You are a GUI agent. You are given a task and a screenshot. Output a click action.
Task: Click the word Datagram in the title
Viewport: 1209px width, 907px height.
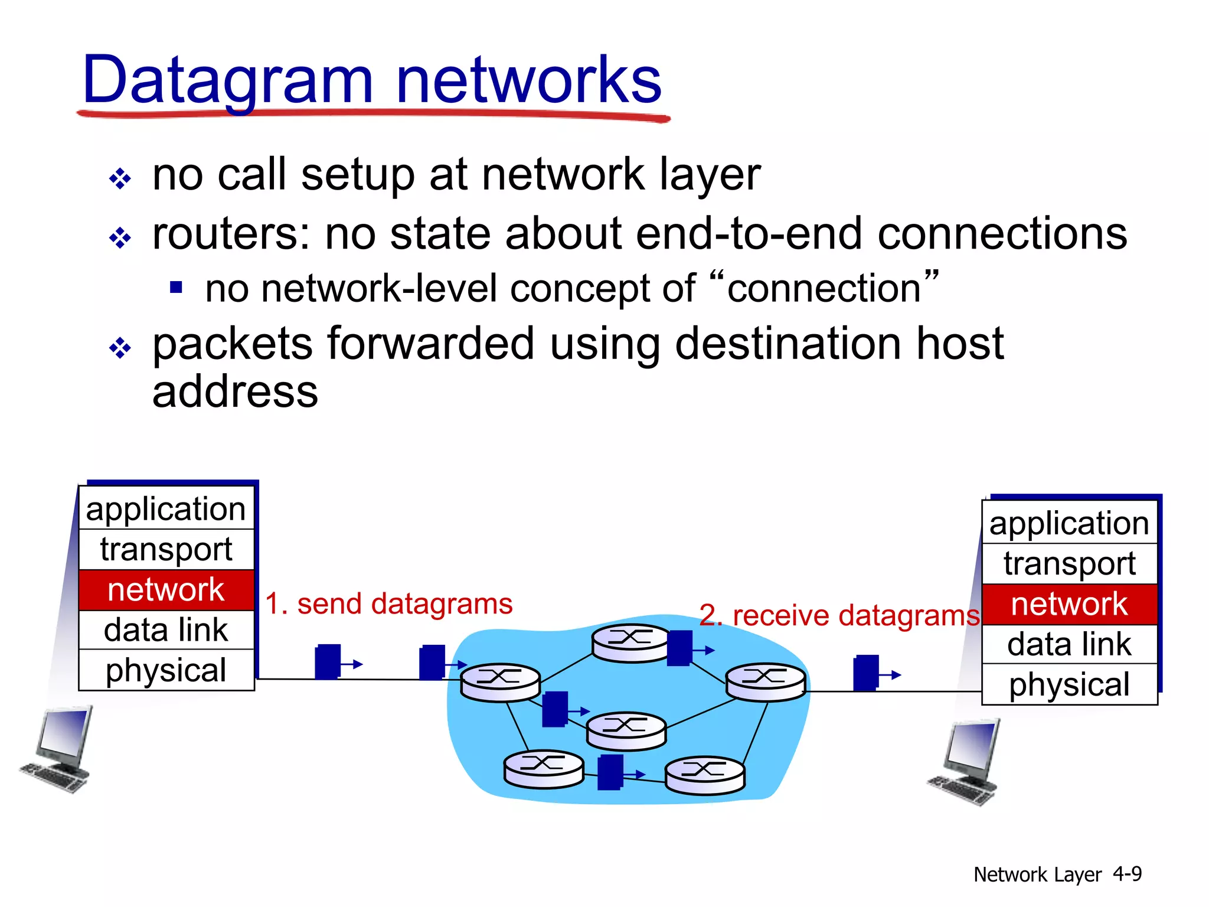coord(228,80)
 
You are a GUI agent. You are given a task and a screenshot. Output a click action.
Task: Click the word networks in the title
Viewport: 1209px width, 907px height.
coord(529,80)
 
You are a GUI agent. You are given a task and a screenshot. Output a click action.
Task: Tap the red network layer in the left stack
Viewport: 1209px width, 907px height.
coord(166,590)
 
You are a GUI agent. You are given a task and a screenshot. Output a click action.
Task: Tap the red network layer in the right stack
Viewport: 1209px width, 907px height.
coord(1069,604)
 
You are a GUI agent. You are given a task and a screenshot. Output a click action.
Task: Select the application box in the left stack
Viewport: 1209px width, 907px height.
coord(166,509)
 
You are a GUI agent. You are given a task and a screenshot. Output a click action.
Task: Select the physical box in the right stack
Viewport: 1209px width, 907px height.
coord(1069,684)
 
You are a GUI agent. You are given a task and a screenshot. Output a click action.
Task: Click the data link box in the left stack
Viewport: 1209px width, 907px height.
coord(166,630)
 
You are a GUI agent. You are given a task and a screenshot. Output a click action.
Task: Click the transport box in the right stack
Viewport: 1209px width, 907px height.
coord(1069,563)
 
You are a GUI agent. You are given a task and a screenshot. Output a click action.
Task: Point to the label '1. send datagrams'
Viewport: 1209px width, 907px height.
coord(388,604)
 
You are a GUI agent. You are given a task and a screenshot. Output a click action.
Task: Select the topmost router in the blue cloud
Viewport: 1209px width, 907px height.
coord(630,643)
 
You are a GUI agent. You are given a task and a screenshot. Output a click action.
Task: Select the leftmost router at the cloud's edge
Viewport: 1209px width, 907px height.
coord(500,682)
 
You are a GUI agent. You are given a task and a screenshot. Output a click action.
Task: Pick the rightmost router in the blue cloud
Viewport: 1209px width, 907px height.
coord(765,681)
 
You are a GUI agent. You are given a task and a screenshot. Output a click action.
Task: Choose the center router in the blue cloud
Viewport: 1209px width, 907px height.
coord(626,730)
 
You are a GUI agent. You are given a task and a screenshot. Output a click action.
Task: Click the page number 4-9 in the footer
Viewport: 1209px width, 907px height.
coord(1127,874)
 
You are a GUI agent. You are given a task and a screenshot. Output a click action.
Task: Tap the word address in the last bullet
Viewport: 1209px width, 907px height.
coord(235,392)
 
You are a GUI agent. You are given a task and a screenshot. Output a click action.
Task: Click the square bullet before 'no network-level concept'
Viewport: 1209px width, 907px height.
coord(176,288)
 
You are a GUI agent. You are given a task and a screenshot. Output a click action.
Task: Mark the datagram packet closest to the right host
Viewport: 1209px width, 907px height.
coord(866,673)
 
